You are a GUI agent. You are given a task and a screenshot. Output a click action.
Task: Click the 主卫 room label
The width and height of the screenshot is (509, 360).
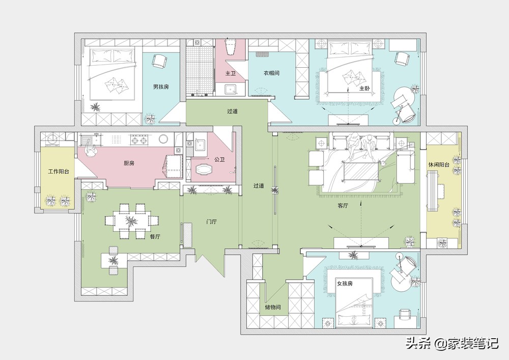231,74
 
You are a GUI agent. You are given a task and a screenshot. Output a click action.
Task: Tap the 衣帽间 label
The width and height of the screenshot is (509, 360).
271,73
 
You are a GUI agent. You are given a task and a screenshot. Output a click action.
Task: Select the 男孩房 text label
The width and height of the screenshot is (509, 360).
161,87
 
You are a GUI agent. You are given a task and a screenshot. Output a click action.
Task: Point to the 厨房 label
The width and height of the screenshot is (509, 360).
129,163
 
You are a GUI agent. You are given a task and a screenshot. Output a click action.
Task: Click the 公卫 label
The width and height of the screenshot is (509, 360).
220,160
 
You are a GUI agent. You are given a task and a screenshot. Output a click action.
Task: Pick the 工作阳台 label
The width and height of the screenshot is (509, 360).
59,172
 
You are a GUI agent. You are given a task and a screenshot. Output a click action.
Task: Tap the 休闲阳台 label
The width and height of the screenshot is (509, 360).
439,164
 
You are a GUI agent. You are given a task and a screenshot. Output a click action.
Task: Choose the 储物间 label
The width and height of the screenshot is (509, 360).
273,307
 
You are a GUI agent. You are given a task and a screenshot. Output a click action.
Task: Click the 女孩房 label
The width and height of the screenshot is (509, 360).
345,284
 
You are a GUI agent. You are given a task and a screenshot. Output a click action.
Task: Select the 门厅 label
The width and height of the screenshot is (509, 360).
212,221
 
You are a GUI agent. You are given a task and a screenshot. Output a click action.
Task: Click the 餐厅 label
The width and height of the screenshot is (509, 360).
155,237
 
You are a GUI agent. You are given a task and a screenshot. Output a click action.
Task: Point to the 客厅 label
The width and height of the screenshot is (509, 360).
343,206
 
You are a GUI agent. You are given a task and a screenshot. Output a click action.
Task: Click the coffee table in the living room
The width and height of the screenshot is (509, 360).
361,172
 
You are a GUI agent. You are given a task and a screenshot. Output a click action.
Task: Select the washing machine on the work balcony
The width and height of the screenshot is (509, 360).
52,140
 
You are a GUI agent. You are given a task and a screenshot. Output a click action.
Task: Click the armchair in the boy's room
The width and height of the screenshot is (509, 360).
159,61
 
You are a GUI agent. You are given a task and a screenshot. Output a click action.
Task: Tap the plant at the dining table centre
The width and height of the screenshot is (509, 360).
131,221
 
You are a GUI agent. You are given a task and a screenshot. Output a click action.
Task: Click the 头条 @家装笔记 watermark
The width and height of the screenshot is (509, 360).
452,343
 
